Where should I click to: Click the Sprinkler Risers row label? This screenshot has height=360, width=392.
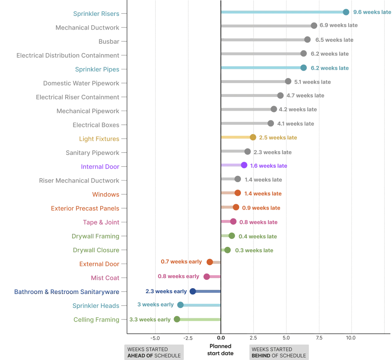96,13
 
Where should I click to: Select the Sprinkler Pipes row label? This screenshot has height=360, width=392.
97,70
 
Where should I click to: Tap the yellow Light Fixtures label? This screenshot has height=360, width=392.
99,139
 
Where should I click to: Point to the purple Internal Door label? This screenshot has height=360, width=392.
100,167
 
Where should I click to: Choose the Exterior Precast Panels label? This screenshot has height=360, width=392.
85,208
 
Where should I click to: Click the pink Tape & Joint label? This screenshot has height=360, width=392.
102,223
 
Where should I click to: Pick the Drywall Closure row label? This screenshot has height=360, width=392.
96,251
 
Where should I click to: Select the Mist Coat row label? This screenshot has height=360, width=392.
105,278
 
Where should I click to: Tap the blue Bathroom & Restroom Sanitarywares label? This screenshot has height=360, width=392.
67,291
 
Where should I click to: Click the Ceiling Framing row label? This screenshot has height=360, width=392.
97,320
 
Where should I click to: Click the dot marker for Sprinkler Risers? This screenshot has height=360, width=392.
346,12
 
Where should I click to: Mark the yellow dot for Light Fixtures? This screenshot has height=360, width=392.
253,137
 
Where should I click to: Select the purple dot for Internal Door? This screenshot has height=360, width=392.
244,165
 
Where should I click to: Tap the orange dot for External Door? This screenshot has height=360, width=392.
210,262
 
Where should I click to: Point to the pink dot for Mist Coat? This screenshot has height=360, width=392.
207,276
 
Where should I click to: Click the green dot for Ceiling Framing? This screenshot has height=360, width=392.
177,319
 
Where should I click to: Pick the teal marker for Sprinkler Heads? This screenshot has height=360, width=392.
180,304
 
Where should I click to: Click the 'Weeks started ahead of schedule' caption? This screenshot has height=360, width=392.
155,352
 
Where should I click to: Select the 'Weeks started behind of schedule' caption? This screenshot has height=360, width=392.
279,352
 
